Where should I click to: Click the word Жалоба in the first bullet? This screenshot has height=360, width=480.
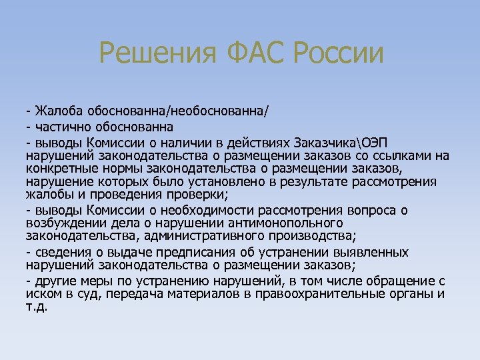pyautogui.click(x=56, y=111)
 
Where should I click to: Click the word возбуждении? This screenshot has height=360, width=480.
pyautogui.click(x=63, y=223)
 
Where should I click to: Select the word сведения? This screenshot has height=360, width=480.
pyautogui.click(x=61, y=253)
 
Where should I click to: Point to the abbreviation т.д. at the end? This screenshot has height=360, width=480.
pyautogui.click(x=37, y=308)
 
